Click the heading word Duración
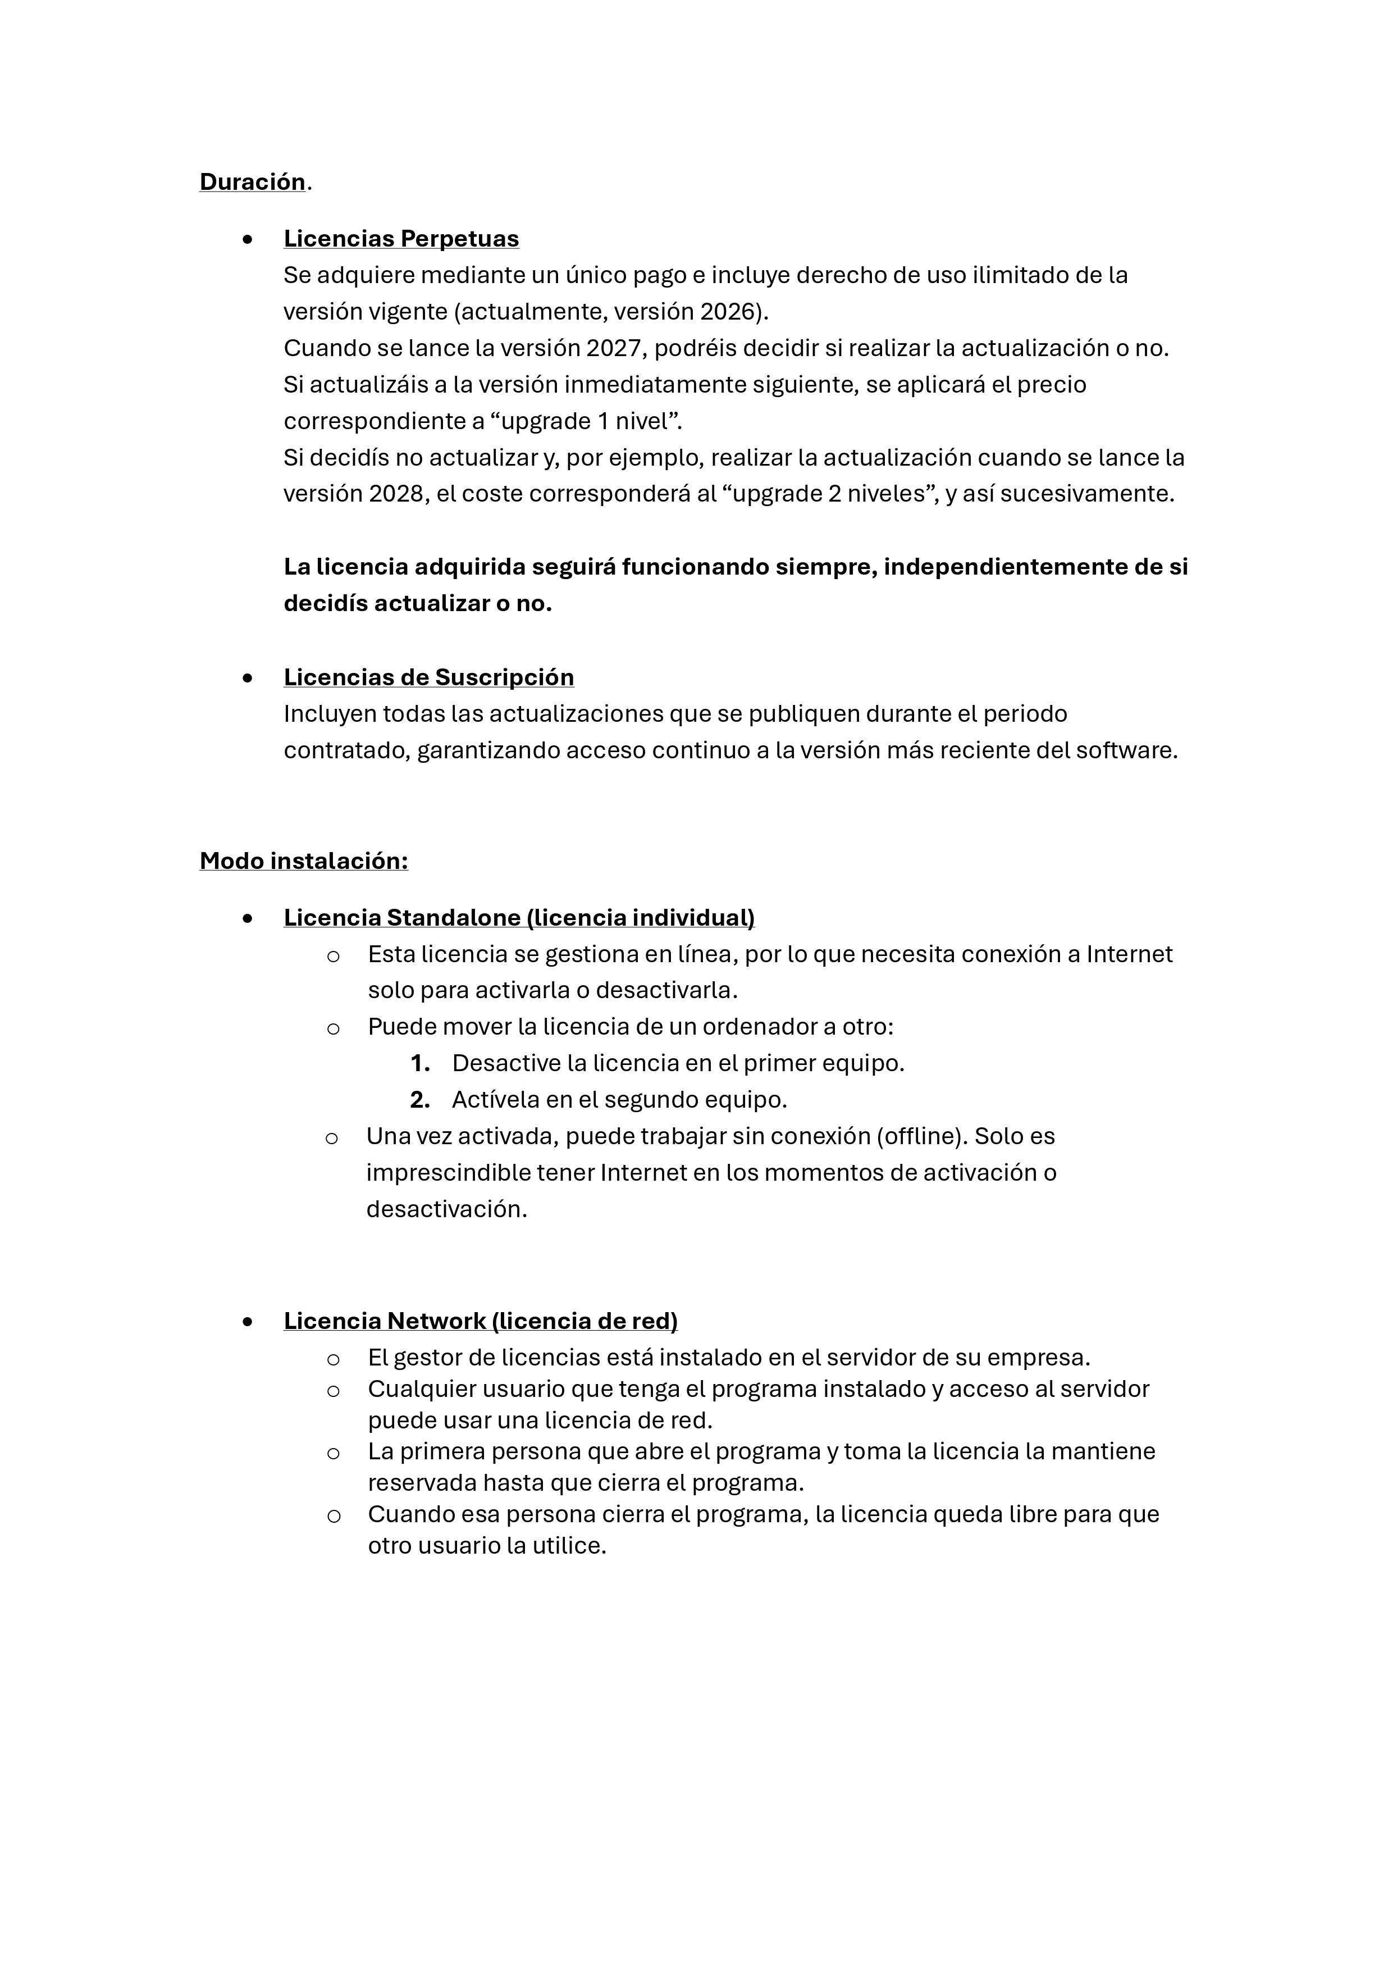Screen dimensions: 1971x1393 (252, 182)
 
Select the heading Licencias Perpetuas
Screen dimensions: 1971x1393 (401, 239)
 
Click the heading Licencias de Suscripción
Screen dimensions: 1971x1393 (428, 677)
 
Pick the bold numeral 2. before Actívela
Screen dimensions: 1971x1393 (420, 1100)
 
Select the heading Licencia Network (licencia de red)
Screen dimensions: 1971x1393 (481, 1321)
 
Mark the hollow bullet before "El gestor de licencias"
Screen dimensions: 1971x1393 (334, 1359)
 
